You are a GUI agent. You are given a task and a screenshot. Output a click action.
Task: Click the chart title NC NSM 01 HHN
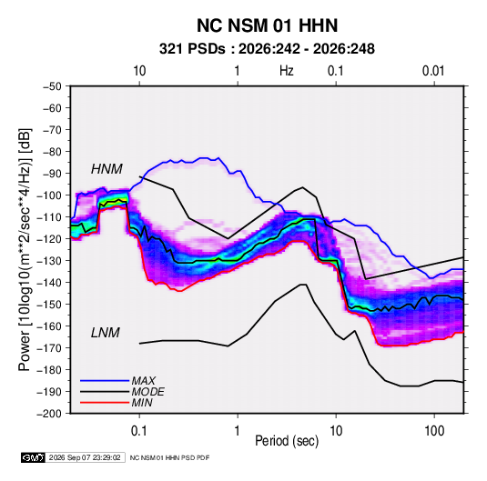tap(267, 25)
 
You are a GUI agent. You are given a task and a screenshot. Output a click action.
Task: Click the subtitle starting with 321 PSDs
tap(267, 49)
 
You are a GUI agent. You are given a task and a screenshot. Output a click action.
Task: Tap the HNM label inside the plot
tap(107, 169)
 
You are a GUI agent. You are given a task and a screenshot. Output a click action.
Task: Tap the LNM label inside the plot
tap(106, 333)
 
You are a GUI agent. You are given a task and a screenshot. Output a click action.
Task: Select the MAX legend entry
tap(143, 380)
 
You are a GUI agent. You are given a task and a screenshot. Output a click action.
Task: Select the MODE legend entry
tap(147, 392)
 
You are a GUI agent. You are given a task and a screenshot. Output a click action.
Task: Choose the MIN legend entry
tap(142, 403)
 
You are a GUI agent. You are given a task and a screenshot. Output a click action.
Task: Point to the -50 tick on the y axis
tap(52, 86)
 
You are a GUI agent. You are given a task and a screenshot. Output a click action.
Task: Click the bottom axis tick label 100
tap(434, 431)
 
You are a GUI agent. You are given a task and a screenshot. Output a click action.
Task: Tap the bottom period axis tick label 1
tap(237, 431)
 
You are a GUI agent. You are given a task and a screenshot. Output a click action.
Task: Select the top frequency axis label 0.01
tap(433, 71)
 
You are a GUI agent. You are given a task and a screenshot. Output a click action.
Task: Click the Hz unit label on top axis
tap(287, 71)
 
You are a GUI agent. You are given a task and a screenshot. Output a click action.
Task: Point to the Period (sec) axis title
tap(287, 441)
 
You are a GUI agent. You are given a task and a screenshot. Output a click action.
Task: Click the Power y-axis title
tap(25, 250)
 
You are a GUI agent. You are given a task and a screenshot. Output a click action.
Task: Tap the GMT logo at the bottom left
tap(33, 457)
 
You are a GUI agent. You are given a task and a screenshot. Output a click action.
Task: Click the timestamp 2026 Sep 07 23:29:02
tap(85, 457)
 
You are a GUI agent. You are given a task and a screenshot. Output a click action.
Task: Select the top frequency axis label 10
tap(139, 71)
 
